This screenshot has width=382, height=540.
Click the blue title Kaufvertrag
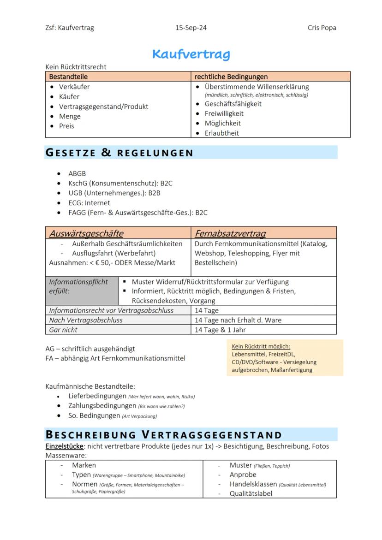pos(191,54)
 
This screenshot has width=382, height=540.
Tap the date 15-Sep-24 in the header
pos(191,28)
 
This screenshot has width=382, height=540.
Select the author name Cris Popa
pos(322,28)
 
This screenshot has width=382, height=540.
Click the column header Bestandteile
pos(68,77)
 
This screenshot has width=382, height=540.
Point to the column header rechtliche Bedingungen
pos(231,77)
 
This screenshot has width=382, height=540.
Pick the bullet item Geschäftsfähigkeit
pos(233,104)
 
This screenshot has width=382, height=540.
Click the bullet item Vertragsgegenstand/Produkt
pos(103,107)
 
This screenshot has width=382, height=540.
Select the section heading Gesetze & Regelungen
pos(119,153)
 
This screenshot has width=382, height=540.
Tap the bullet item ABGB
pos(77,173)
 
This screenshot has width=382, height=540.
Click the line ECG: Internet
pos(89,202)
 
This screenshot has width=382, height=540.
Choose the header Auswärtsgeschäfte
pos(86,233)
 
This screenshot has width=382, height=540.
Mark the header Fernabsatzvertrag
pos(230,233)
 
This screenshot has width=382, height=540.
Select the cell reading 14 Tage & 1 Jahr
pos(220,330)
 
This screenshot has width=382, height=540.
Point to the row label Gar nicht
pos(63,330)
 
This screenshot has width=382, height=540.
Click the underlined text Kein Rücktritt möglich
pos(261,346)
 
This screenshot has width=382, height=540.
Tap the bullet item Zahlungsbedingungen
pos(102,406)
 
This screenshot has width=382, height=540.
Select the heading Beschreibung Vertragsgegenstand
pos(163,435)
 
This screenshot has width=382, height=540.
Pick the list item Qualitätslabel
pos(251,493)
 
